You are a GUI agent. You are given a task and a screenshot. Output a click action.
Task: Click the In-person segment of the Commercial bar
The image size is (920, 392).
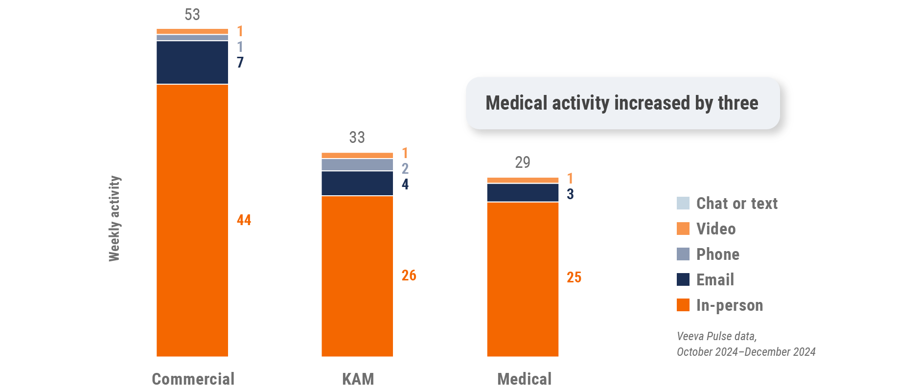pyautogui.click(x=192, y=220)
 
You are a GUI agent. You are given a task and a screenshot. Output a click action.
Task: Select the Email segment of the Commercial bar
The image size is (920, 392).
pyautogui.click(x=192, y=63)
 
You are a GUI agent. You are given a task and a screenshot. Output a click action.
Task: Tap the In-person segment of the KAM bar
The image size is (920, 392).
pyautogui.click(x=357, y=276)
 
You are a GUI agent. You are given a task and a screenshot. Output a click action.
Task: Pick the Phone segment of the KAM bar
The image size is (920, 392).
pyautogui.click(x=357, y=165)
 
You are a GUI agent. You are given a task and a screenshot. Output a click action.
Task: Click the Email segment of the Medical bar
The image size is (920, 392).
pyautogui.click(x=523, y=193)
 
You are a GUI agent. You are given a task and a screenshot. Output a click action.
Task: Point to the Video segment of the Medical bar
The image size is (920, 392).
pyautogui.click(x=523, y=181)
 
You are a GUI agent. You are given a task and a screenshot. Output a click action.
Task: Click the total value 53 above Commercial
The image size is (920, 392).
pyautogui.click(x=192, y=15)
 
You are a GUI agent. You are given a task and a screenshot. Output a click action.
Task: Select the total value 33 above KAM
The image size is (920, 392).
pyautogui.click(x=357, y=138)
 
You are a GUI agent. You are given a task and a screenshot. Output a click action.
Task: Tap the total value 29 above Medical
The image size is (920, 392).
pyautogui.click(x=523, y=162)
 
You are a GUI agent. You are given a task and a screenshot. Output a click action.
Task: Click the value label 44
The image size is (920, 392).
pyautogui.click(x=244, y=220)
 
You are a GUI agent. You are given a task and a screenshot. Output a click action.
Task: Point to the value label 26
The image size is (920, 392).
pyautogui.click(x=409, y=276)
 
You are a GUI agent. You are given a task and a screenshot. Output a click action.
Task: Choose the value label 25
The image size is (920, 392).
pyautogui.click(x=574, y=277)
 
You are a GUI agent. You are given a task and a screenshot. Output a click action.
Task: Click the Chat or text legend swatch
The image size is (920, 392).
pyautogui.click(x=683, y=203)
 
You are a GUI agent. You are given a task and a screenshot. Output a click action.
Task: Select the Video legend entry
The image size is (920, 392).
pyautogui.click(x=716, y=229)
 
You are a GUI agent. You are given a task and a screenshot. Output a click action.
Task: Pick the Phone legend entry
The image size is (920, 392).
pyautogui.click(x=718, y=254)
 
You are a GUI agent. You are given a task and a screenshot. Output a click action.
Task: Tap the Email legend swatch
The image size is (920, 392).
pyautogui.click(x=683, y=279)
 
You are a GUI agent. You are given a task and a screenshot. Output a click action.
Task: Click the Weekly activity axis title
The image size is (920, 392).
pyautogui.click(x=114, y=218)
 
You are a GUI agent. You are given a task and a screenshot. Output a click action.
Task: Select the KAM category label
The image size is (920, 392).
pyautogui.click(x=358, y=379)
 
